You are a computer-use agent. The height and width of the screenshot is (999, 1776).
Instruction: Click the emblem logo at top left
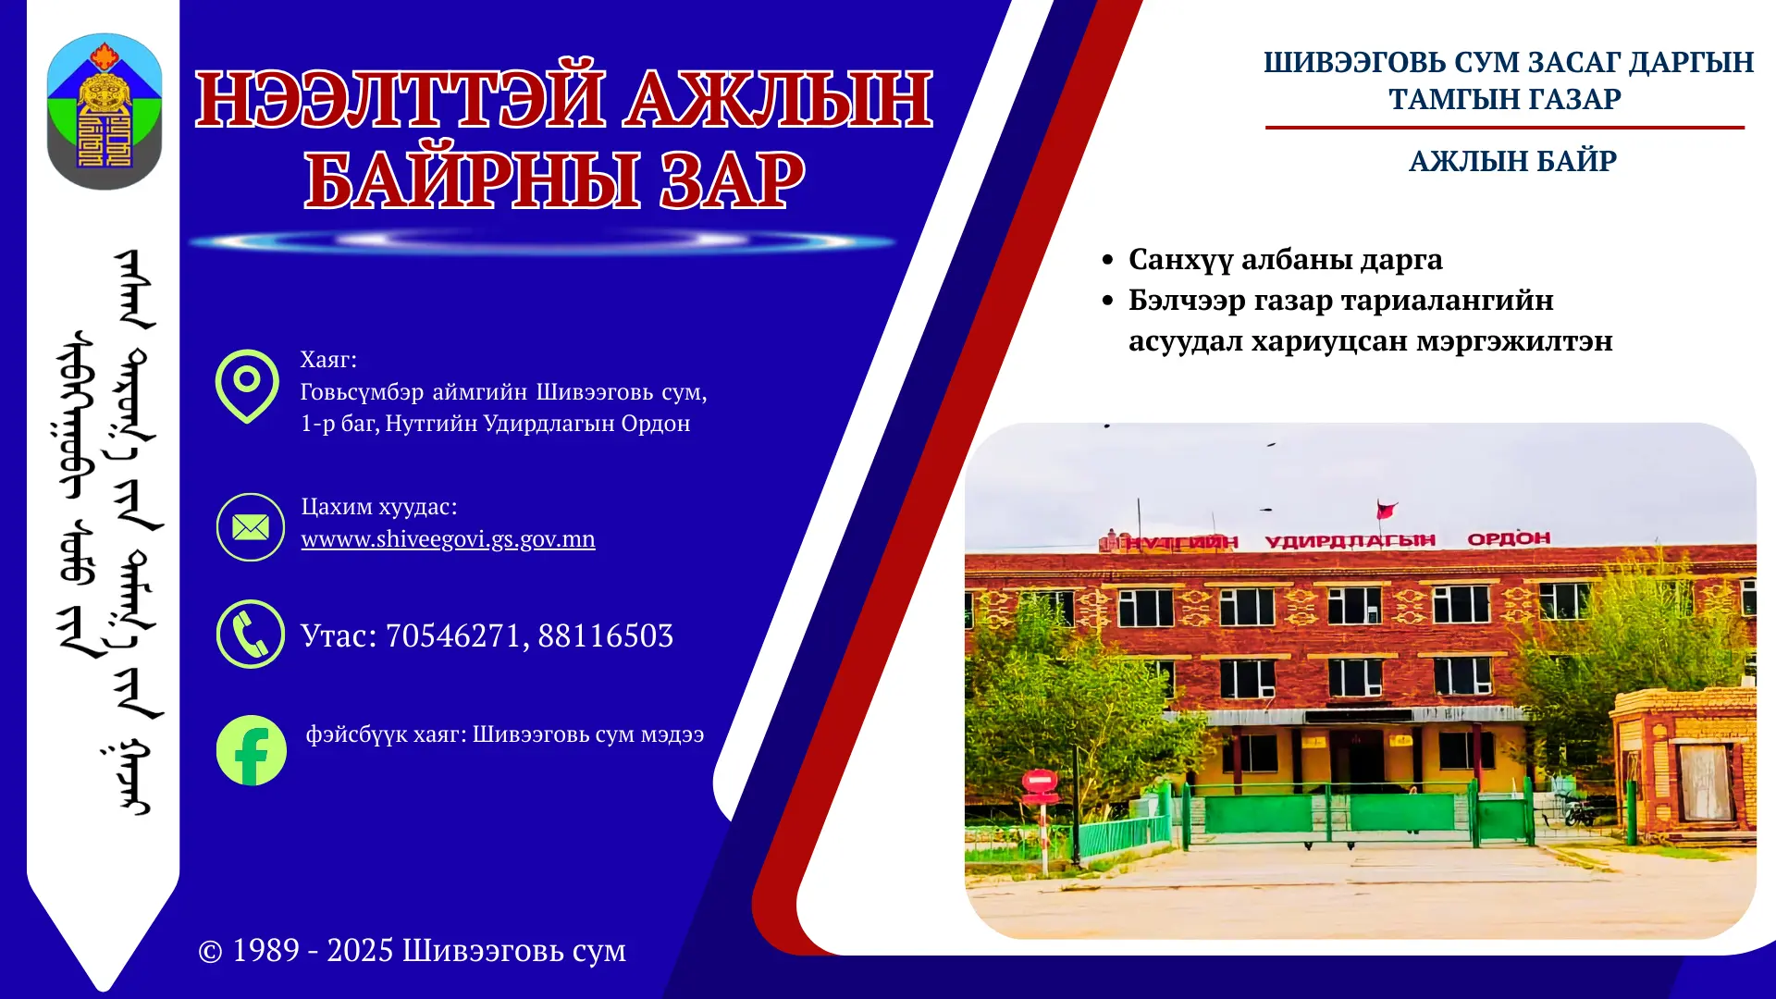(x=105, y=112)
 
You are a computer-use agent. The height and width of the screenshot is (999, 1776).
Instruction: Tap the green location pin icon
(x=247, y=385)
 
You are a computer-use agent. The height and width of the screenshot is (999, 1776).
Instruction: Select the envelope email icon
(x=251, y=527)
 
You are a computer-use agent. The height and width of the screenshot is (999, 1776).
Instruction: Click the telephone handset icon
(x=251, y=635)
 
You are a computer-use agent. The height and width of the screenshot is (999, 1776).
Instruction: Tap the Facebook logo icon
(x=251, y=750)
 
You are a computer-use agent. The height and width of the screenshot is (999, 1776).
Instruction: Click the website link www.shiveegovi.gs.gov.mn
(x=448, y=539)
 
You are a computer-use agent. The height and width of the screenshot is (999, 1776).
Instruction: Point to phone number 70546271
(x=452, y=636)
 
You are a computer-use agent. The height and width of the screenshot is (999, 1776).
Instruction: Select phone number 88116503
(x=605, y=636)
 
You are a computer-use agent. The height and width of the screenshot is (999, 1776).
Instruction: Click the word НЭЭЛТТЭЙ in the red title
(x=401, y=100)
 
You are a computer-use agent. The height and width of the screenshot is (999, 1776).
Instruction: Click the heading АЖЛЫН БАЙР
(x=1512, y=162)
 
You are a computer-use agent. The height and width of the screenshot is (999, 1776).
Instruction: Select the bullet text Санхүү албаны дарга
(x=1285, y=260)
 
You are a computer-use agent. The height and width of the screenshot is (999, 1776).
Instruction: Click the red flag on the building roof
(x=1386, y=510)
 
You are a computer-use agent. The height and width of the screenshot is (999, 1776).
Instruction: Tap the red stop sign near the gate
(x=1040, y=781)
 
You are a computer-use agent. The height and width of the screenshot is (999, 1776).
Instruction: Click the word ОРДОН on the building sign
(x=1509, y=538)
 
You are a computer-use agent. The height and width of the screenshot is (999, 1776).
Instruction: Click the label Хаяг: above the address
(x=328, y=360)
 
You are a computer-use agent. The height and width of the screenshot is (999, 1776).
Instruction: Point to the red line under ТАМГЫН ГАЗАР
(x=1504, y=128)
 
